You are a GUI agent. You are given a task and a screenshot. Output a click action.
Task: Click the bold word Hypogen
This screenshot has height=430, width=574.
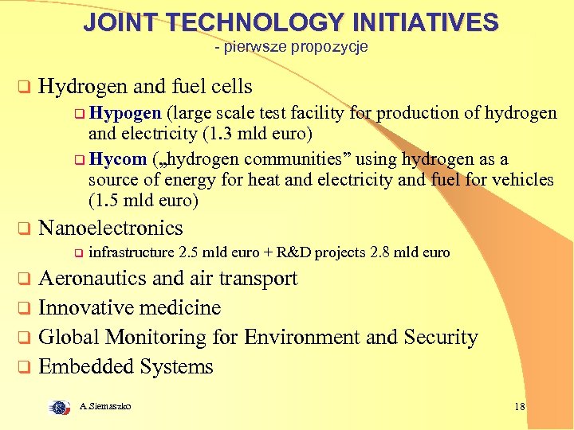(x=125, y=113)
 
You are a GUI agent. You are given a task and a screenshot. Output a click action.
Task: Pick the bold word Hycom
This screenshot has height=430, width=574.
(x=120, y=159)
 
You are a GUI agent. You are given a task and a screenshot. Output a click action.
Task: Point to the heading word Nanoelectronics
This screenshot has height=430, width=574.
(x=111, y=228)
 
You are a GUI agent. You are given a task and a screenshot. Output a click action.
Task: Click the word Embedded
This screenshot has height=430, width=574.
(x=86, y=366)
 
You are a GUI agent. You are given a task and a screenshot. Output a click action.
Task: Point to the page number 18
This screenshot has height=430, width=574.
(x=520, y=407)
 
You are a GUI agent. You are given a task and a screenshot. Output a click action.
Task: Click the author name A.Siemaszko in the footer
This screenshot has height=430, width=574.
(x=106, y=407)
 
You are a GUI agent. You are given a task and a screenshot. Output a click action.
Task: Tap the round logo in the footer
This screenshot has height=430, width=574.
(x=58, y=407)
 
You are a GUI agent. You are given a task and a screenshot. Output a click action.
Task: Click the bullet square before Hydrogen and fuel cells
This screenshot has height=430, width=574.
(x=25, y=87)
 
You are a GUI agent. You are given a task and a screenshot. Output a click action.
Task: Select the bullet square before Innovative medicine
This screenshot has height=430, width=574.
(x=25, y=308)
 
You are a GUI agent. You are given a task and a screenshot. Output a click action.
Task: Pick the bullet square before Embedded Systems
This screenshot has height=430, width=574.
(x=25, y=367)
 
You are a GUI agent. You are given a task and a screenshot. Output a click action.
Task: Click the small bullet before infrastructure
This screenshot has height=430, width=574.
(x=78, y=254)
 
